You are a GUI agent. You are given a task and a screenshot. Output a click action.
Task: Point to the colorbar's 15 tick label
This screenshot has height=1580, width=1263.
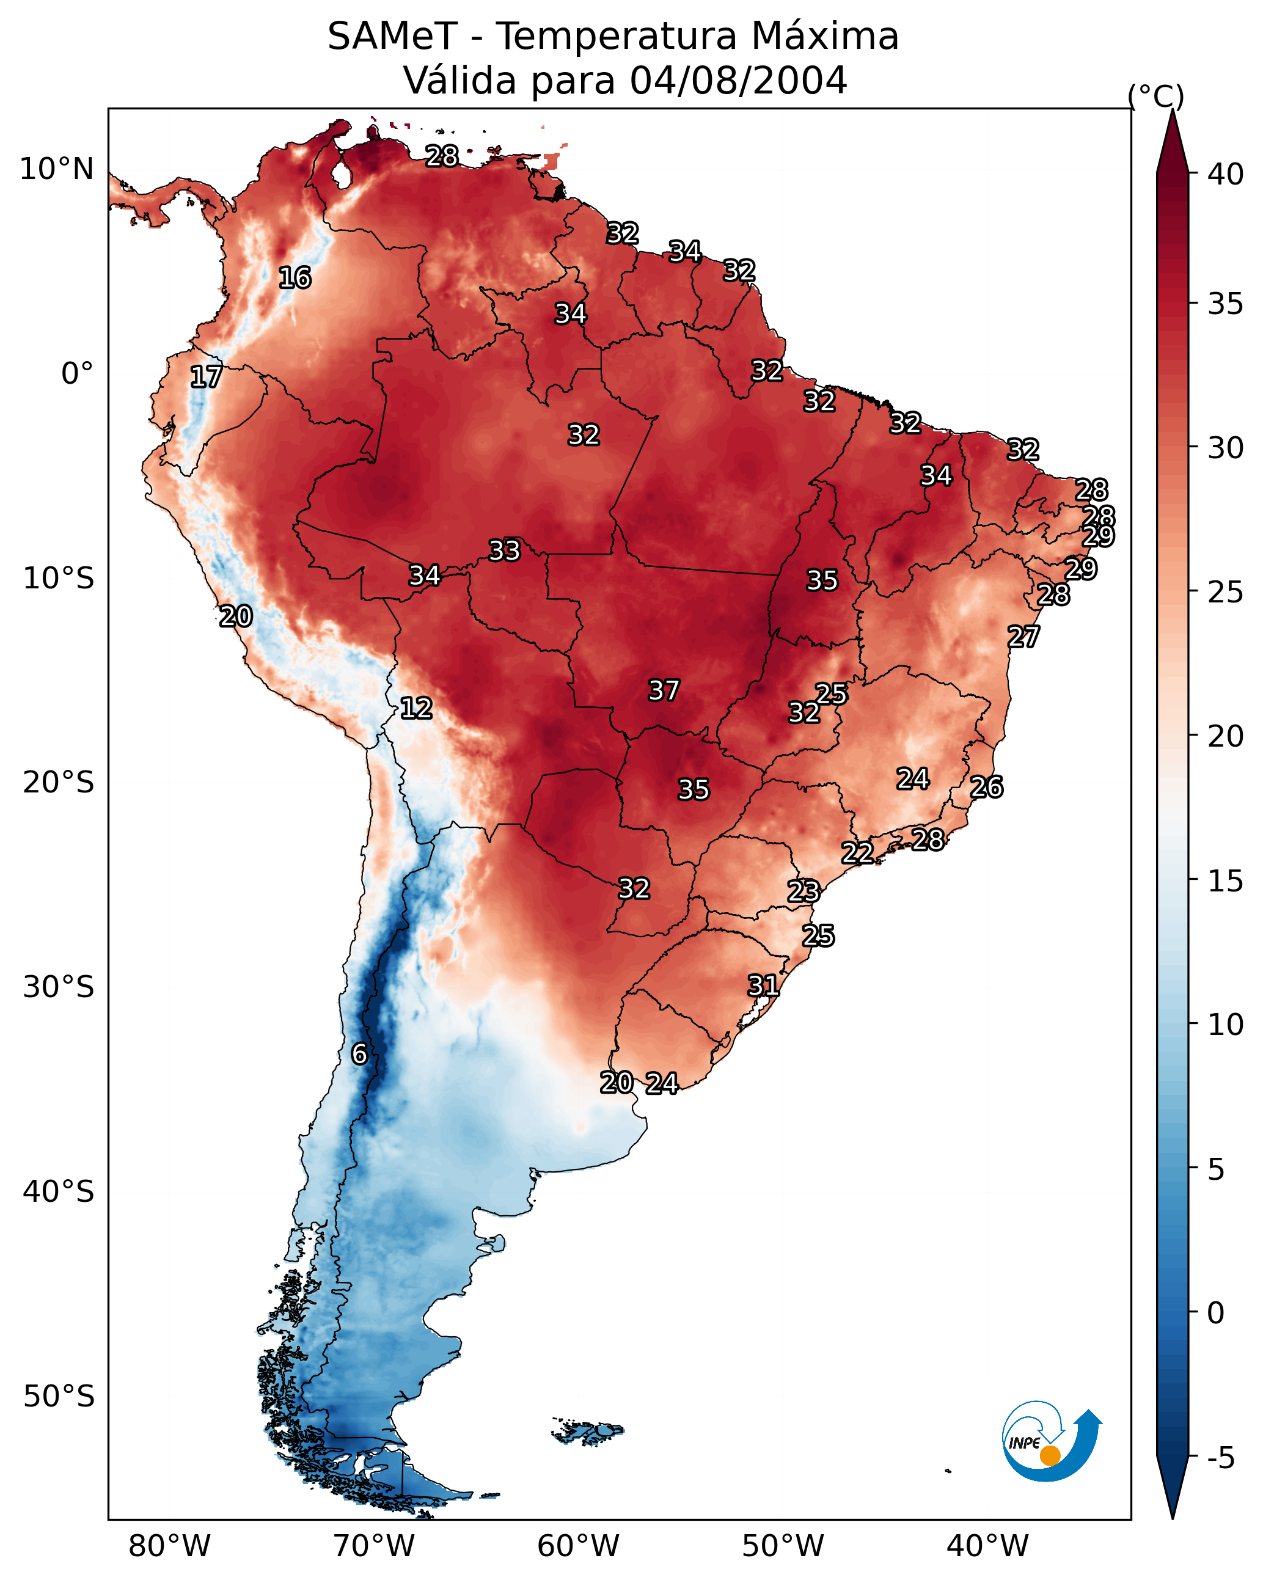click(1226, 881)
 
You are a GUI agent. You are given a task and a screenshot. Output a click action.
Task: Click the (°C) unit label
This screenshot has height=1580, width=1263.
click(1156, 96)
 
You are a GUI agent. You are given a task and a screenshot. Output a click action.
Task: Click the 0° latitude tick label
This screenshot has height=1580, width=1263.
click(78, 374)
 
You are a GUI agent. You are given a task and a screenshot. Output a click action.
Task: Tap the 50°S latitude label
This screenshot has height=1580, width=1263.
click(59, 1397)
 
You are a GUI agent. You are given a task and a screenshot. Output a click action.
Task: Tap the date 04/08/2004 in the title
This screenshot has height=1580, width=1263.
click(738, 80)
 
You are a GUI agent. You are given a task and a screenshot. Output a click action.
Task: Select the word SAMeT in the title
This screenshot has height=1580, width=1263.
click(392, 37)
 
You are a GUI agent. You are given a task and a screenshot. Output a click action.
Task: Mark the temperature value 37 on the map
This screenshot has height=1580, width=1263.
click(664, 690)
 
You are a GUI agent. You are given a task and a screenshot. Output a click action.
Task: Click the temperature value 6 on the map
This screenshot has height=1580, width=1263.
click(359, 1054)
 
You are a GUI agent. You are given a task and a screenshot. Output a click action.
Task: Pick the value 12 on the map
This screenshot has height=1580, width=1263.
click(416, 708)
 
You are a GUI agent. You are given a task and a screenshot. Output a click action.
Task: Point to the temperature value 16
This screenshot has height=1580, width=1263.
click(295, 278)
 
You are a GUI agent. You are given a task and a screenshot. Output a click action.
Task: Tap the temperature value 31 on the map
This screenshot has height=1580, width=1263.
click(763, 986)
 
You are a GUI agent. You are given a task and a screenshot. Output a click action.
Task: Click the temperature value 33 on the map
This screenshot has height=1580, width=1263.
click(504, 550)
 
